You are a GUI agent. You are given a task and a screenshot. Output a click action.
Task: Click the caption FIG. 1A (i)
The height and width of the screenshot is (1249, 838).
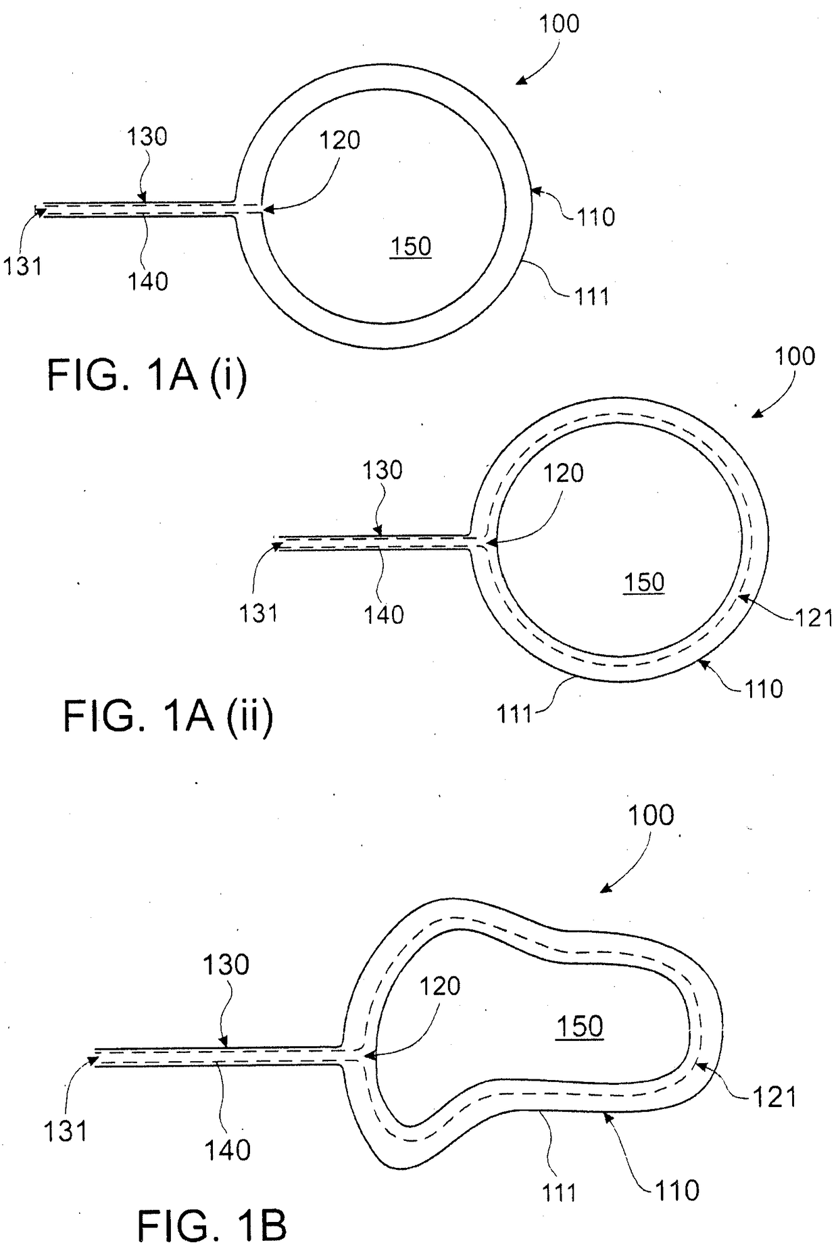(x=147, y=376)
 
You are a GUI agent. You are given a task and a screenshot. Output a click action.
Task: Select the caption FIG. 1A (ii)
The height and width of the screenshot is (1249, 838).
(x=168, y=716)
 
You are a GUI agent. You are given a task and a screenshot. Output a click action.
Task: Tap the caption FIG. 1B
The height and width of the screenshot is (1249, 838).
(x=212, y=1226)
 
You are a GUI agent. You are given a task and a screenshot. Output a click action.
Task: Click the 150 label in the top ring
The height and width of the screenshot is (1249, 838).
(x=411, y=246)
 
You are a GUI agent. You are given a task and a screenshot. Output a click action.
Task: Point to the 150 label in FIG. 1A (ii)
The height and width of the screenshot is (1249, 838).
(x=644, y=582)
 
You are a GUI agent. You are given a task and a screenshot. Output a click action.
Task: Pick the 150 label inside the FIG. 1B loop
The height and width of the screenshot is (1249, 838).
(x=580, y=1026)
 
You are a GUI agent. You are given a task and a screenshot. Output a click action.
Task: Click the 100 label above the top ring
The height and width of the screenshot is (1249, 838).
(x=559, y=24)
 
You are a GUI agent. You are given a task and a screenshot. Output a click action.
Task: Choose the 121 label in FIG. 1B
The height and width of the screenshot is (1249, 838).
(x=774, y=1096)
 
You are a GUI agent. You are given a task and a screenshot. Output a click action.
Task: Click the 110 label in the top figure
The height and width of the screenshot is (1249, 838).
(x=595, y=217)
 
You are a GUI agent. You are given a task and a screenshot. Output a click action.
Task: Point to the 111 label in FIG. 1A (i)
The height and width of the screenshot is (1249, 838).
(x=591, y=296)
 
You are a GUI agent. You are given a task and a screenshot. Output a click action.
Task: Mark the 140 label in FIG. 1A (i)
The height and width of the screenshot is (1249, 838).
(x=148, y=280)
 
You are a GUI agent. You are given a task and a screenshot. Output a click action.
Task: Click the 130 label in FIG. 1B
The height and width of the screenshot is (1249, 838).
(x=226, y=964)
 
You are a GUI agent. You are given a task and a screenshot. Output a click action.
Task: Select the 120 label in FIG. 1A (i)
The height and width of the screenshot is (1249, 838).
(x=340, y=141)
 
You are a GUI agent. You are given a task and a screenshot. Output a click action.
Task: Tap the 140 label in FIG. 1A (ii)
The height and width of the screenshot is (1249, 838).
(x=384, y=614)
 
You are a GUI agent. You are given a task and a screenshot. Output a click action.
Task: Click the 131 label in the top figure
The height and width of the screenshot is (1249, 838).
(x=23, y=266)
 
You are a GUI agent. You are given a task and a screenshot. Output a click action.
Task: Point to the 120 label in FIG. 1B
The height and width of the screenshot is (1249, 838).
(x=440, y=986)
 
